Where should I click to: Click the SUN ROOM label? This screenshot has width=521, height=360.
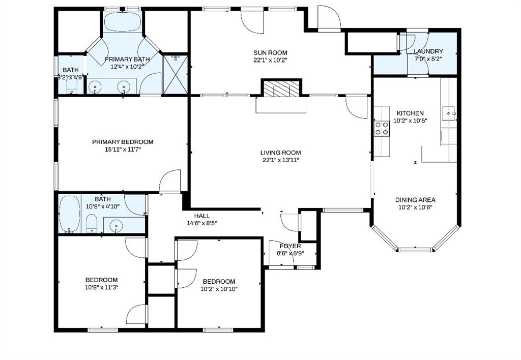click(x=271, y=52)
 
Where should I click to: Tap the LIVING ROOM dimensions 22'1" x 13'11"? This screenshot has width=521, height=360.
click(x=280, y=161)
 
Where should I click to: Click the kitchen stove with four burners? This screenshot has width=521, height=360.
click(x=382, y=128)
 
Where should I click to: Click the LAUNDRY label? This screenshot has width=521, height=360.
click(x=428, y=51)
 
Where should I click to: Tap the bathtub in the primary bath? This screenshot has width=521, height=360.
click(x=124, y=22)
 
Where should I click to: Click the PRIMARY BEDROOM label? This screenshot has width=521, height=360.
click(x=123, y=142)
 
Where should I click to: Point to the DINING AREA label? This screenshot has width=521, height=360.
click(x=415, y=200)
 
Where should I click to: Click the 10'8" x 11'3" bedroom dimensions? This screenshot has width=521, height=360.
click(x=101, y=287)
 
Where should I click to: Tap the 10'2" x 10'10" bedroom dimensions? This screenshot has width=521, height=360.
click(x=219, y=289)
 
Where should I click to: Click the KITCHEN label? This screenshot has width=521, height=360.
click(x=410, y=113)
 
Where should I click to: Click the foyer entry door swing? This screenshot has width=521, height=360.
click(x=290, y=222)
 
